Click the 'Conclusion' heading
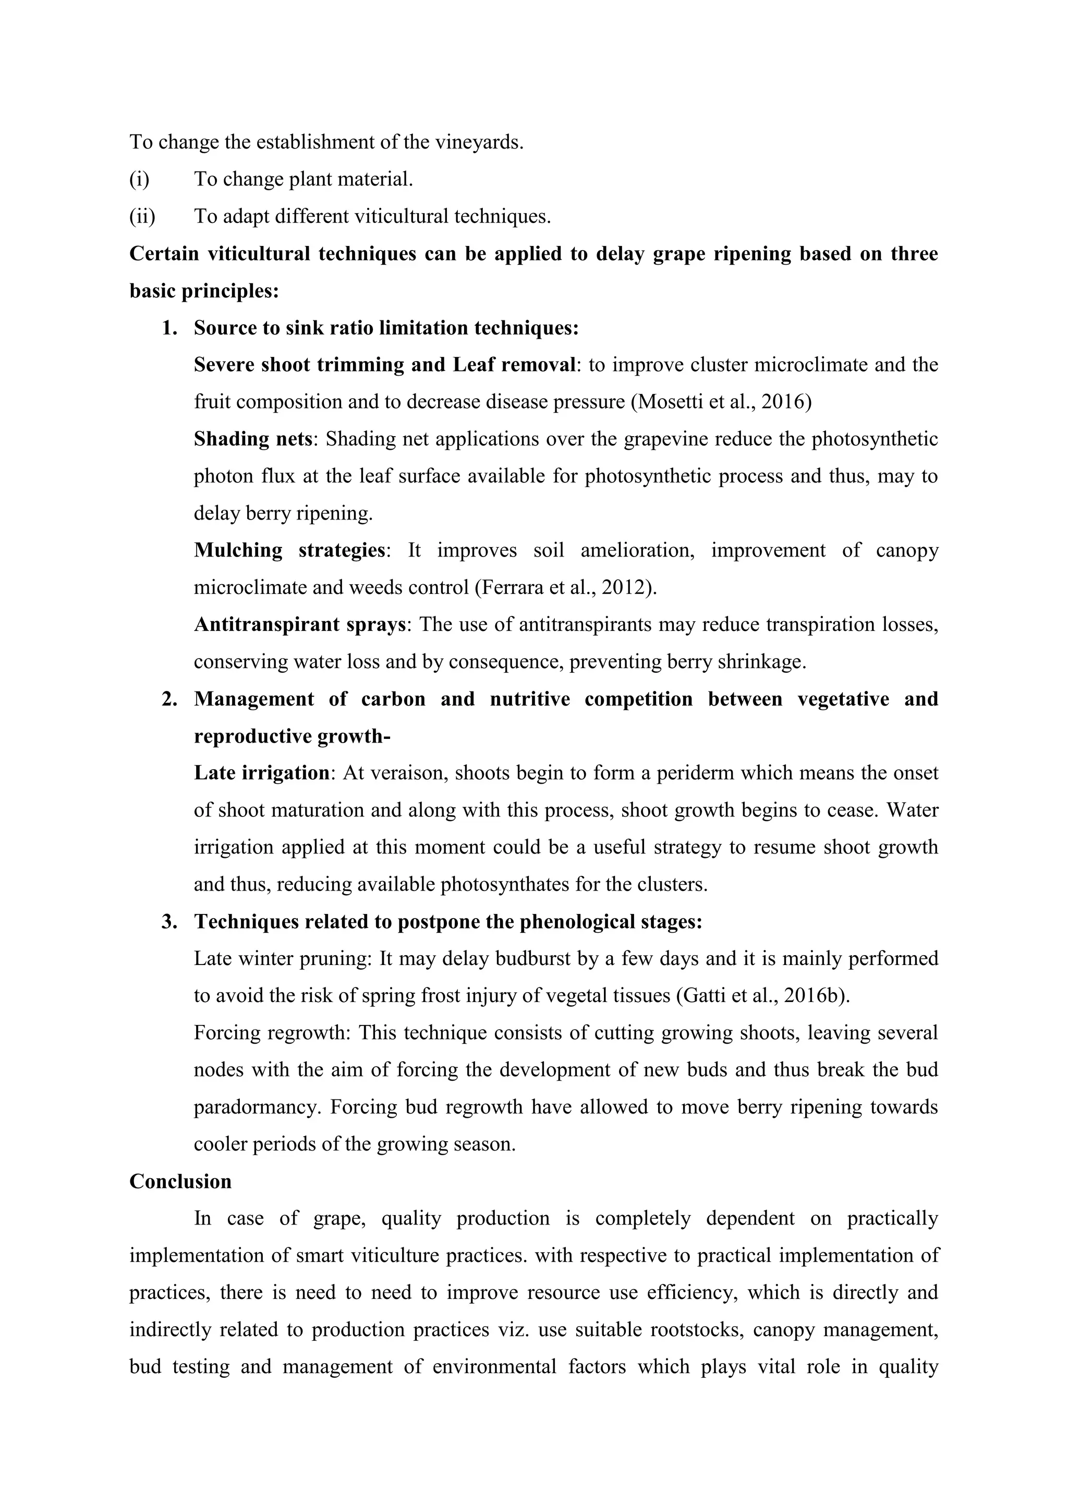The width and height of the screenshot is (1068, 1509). (x=180, y=1181)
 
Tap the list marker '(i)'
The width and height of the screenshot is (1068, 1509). (x=139, y=179)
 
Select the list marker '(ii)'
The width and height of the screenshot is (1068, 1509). (x=142, y=216)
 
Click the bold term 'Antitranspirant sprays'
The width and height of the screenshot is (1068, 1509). (x=300, y=624)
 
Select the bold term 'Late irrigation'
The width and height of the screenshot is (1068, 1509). (x=262, y=772)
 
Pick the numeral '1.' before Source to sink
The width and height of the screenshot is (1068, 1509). (x=169, y=327)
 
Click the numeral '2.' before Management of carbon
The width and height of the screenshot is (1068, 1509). (x=169, y=699)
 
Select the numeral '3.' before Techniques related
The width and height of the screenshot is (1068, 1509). (x=169, y=921)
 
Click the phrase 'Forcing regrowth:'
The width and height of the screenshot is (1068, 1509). (x=273, y=1033)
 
